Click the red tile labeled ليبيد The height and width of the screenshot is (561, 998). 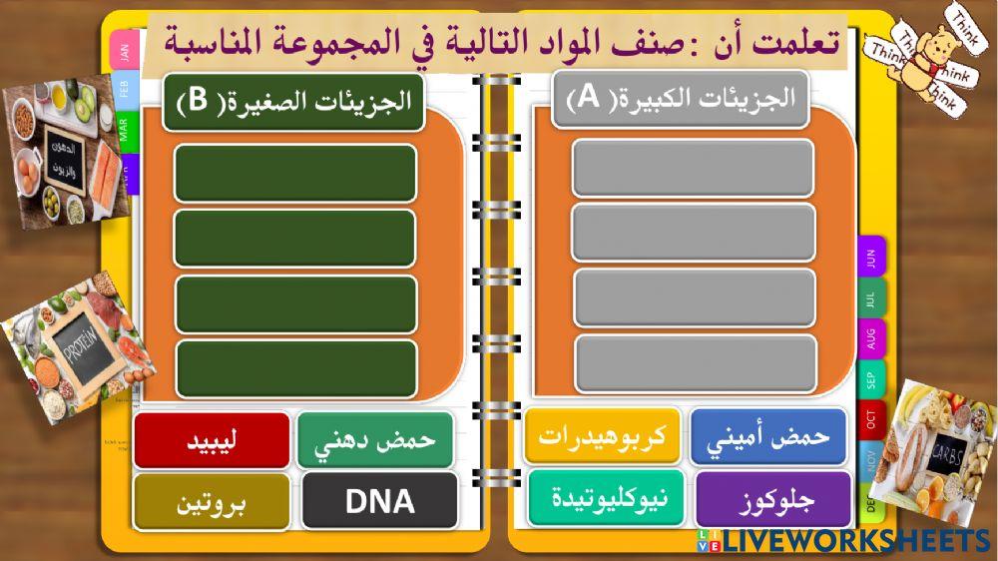[212, 440]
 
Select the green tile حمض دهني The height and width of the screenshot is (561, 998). [375, 440]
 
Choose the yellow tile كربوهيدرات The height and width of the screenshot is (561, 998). [603, 436]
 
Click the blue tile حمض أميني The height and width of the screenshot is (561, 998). [767, 437]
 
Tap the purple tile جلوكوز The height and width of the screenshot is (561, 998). [773, 499]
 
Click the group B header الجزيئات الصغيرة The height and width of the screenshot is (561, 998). [293, 102]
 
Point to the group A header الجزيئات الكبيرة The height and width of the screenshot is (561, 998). [680, 99]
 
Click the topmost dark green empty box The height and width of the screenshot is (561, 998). [295, 173]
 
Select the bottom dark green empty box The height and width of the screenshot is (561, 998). [296, 368]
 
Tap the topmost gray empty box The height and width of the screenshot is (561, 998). [693, 168]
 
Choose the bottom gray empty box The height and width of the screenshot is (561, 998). [696, 363]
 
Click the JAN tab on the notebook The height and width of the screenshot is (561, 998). [124, 52]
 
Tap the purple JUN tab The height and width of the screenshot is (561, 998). [871, 259]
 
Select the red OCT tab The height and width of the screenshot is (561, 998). [871, 420]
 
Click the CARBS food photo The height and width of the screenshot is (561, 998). [942, 441]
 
